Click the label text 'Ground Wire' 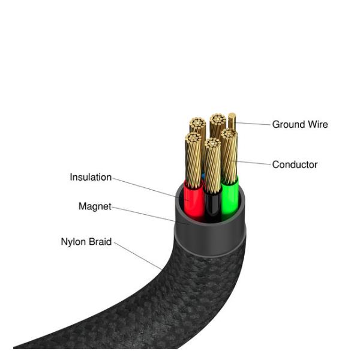[300, 125]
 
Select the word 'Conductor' [295, 164]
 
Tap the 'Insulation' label [91, 178]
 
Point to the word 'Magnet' [95, 206]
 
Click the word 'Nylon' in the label [73, 242]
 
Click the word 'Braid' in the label [100, 242]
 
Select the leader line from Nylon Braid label [138, 254]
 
